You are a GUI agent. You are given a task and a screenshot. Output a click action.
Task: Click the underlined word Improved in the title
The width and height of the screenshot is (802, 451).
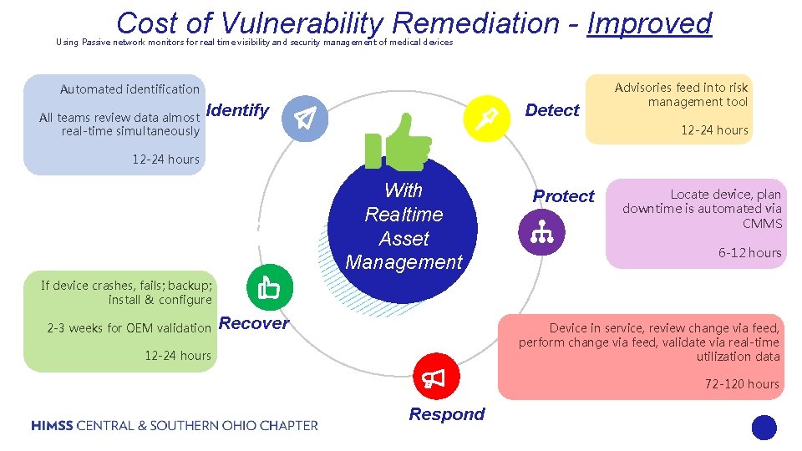(x=649, y=23)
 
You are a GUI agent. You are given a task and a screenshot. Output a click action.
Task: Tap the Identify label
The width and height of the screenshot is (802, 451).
(x=237, y=110)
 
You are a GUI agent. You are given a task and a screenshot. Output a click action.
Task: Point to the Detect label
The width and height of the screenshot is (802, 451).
(x=551, y=110)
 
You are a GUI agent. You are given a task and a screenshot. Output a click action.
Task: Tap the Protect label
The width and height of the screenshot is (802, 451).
(x=563, y=196)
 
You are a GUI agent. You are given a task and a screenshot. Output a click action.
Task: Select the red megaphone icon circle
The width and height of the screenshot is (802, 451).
(x=434, y=380)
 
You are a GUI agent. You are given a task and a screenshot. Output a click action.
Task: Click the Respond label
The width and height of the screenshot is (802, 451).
(x=446, y=414)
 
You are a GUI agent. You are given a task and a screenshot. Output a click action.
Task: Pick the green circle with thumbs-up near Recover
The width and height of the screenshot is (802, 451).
(x=269, y=286)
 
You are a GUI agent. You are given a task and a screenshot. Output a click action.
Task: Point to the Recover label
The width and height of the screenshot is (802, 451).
(x=253, y=323)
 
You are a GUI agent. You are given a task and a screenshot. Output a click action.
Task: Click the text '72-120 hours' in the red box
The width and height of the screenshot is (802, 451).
(x=742, y=384)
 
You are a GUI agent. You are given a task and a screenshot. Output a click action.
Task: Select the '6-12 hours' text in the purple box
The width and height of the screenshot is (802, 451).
(x=749, y=252)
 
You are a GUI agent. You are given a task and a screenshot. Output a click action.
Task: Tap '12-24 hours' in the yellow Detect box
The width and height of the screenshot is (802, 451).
(x=714, y=130)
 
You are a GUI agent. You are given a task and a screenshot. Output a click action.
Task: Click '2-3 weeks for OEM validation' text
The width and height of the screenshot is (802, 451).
(x=129, y=328)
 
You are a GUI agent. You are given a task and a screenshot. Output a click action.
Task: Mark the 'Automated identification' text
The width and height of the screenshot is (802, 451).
(x=129, y=89)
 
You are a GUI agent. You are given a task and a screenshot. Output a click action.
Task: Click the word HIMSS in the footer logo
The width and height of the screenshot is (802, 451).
(x=52, y=426)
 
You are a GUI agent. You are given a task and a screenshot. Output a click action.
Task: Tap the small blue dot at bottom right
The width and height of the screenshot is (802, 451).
(x=764, y=428)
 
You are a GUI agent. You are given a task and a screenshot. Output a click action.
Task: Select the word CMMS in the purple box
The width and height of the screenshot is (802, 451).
(x=762, y=223)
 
